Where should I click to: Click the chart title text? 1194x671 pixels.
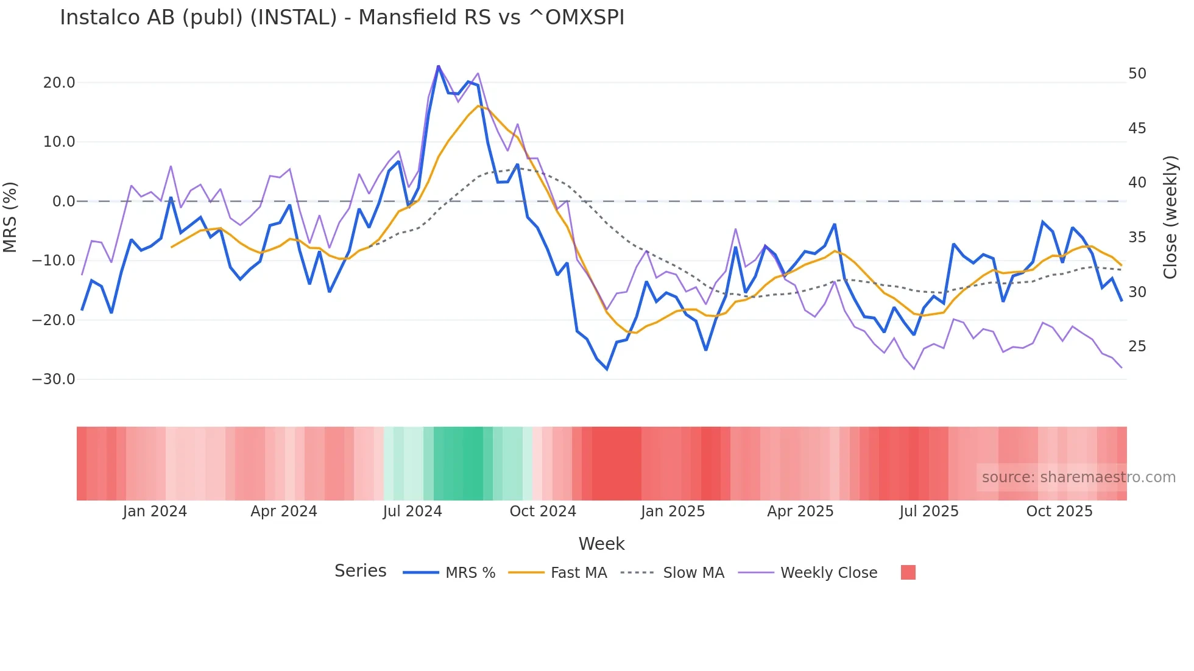click(342, 18)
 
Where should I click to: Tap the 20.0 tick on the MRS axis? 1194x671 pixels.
click(59, 83)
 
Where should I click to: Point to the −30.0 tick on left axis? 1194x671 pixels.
click(54, 379)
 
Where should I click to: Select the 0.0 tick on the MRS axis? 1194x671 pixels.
click(63, 202)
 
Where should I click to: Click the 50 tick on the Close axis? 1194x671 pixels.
click(1137, 74)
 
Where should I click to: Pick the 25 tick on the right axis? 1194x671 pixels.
click(1137, 346)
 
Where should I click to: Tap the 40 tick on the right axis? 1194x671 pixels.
click(1137, 183)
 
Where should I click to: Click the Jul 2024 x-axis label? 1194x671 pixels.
click(412, 511)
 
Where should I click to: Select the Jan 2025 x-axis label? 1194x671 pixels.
click(673, 511)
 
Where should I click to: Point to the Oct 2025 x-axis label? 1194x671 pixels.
click(1059, 511)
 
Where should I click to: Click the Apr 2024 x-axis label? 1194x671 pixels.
click(284, 511)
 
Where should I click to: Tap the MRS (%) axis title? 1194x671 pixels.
click(10, 217)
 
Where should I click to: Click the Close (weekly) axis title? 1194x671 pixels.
click(1170, 217)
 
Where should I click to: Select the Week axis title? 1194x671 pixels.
click(601, 544)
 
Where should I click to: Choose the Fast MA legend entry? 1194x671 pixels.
click(578, 573)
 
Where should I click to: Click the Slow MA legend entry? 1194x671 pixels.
click(693, 573)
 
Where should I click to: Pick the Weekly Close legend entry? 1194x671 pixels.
click(828, 573)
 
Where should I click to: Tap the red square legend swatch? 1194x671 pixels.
click(908, 572)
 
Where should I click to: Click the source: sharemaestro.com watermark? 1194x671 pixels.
click(1078, 477)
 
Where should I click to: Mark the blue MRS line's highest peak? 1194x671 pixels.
click(438, 66)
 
